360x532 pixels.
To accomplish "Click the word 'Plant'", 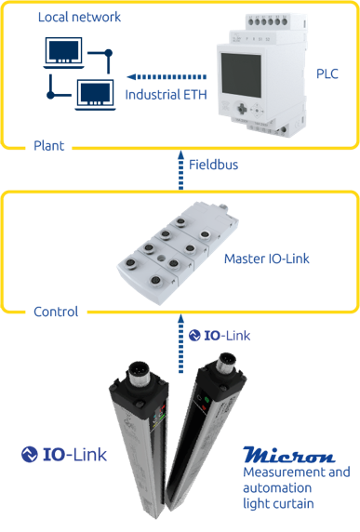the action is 48,146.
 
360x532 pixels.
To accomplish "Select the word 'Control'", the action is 56,312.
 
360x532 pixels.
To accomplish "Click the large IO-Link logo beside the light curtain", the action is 65,454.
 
